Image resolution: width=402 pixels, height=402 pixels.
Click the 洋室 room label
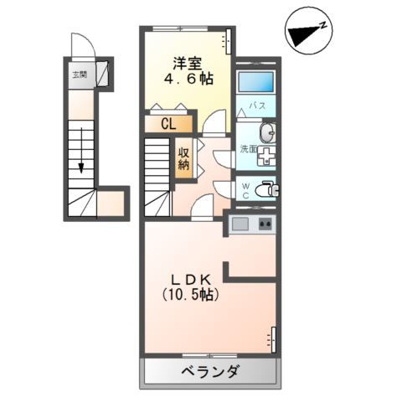(x=188, y=63)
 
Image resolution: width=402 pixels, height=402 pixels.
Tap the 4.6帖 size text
(x=188, y=79)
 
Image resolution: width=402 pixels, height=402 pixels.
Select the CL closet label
(x=168, y=124)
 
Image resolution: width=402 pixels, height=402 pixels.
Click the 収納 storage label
(x=183, y=158)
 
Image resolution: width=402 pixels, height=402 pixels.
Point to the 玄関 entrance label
(x=80, y=75)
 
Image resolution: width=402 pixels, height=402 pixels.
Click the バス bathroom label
(x=258, y=106)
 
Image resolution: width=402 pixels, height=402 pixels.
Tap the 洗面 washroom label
(x=249, y=149)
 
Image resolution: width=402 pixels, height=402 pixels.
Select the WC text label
(x=245, y=190)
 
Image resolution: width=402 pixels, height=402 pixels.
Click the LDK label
(x=190, y=280)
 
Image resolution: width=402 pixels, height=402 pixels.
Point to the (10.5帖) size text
(x=190, y=294)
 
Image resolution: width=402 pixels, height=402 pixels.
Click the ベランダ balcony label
(x=210, y=372)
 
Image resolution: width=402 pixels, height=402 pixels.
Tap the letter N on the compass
(x=323, y=26)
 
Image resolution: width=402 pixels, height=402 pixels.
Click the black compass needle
(x=304, y=35)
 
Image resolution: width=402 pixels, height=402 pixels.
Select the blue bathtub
(x=256, y=82)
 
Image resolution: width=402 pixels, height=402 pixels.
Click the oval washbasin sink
(x=268, y=133)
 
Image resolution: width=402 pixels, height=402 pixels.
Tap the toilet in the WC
(x=266, y=189)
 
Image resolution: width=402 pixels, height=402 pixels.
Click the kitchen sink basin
(x=240, y=224)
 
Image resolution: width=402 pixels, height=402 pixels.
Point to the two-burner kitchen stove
(x=265, y=224)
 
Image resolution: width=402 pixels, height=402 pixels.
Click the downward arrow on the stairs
(x=81, y=150)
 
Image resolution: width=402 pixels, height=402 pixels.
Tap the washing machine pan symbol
(x=266, y=156)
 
